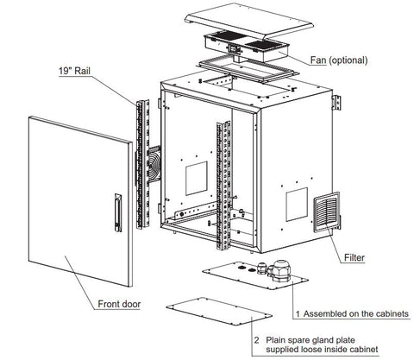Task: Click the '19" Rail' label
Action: (x=74, y=71)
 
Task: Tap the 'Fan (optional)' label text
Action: (x=339, y=60)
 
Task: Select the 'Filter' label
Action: (x=354, y=257)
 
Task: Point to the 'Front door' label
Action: (x=119, y=304)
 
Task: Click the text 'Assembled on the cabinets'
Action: (x=356, y=313)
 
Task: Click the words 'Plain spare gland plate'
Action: (x=310, y=340)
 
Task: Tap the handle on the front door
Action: (x=118, y=212)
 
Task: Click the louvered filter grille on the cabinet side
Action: (x=326, y=211)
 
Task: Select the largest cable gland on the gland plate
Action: (x=281, y=270)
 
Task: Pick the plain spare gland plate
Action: (x=219, y=312)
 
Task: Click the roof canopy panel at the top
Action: (x=249, y=22)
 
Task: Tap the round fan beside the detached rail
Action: (x=154, y=167)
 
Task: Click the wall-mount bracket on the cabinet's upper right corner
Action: (x=336, y=103)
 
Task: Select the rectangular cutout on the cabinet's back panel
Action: (x=197, y=178)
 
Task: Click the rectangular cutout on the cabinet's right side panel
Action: (x=297, y=205)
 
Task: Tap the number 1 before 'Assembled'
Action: (x=298, y=314)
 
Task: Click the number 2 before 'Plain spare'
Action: (x=256, y=340)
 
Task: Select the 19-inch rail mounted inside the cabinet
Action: (x=223, y=185)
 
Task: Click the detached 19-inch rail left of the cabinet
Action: (x=143, y=164)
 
